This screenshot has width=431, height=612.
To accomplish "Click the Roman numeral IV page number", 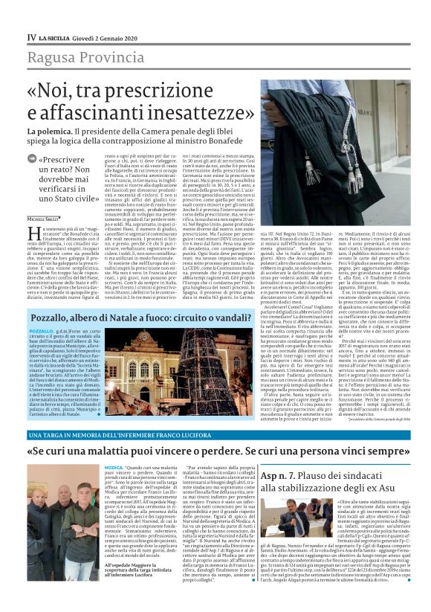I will (x=31, y=36).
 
